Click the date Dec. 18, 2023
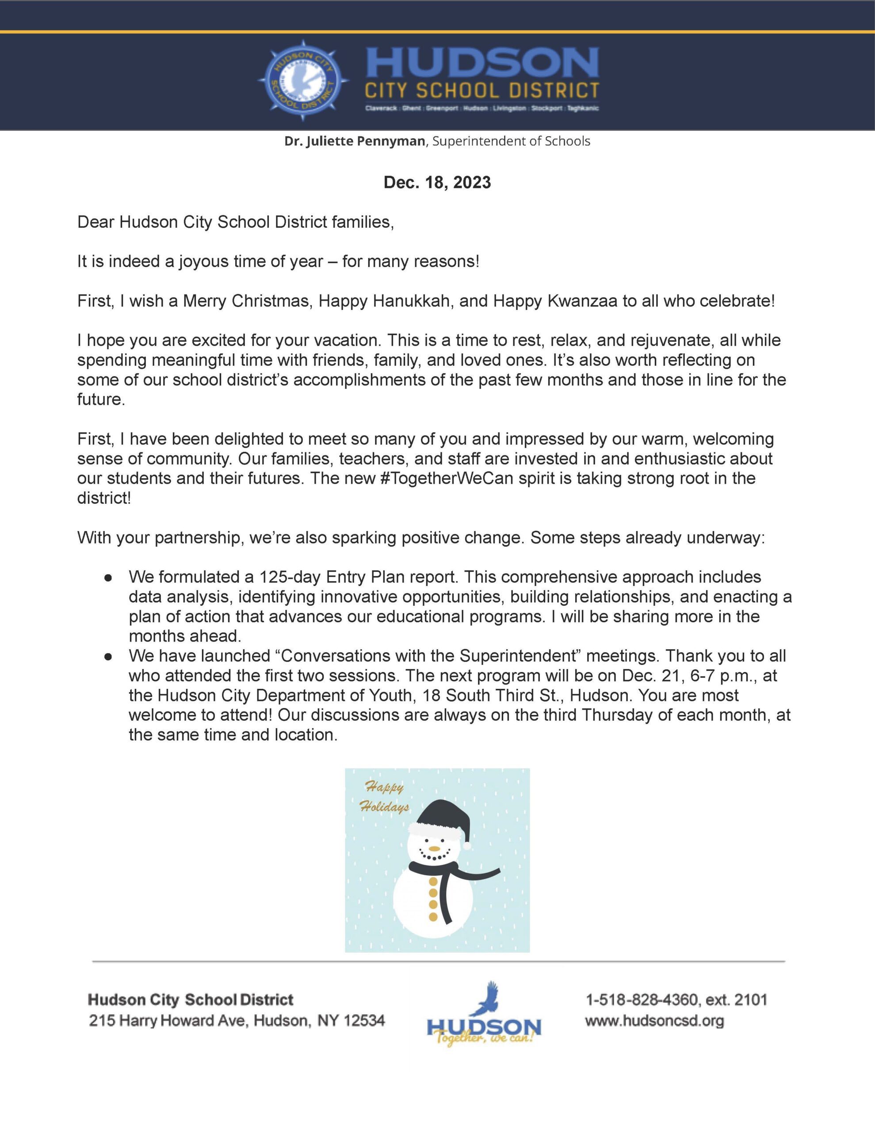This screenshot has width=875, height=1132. click(x=437, y=183)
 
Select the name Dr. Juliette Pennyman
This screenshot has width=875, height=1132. click(x=354, y=141)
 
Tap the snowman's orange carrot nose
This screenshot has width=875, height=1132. click(x=434, y=849)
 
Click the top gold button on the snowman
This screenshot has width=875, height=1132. click(x=433, y=881)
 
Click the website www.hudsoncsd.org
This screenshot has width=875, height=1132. click(x=654, y=1021)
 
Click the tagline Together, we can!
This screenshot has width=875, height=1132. click(x=485, y=1038)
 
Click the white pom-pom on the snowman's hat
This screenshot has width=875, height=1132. click(x=467, y=845)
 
